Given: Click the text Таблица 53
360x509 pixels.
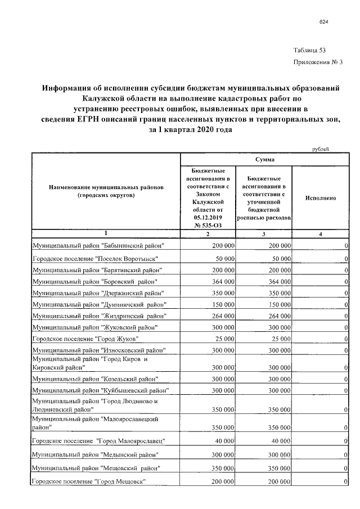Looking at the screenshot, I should (x=309, y=50).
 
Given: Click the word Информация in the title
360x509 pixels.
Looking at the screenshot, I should (x=73, y=88).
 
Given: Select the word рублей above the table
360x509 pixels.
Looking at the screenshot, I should (x=321, y=149).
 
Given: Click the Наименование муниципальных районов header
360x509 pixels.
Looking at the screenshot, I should (x=105, y=190).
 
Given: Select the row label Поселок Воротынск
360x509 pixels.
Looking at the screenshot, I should (x=94, y=258).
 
